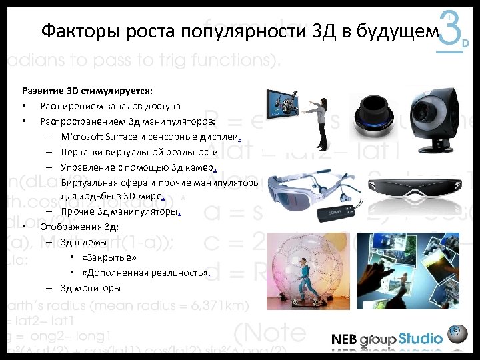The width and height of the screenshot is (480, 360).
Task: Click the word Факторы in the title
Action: (69, 32)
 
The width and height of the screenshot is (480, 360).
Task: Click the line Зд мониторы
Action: (91, 289)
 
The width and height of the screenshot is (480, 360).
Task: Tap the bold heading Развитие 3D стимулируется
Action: (87, 90)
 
